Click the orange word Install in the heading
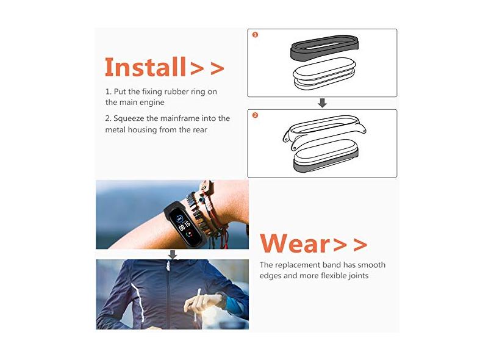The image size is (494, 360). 145,67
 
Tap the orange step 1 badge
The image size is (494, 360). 255,35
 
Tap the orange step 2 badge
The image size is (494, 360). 255,115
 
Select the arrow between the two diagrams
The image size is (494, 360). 322,103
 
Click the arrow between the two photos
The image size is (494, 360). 173,254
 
